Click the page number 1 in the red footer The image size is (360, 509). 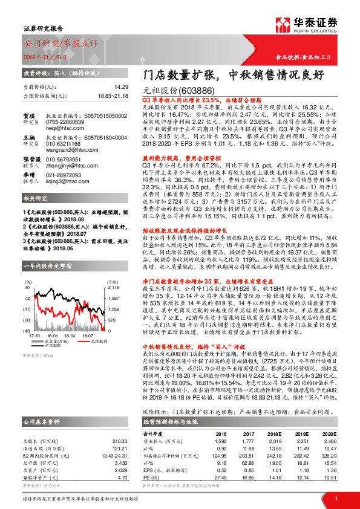[x=335, y=498]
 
